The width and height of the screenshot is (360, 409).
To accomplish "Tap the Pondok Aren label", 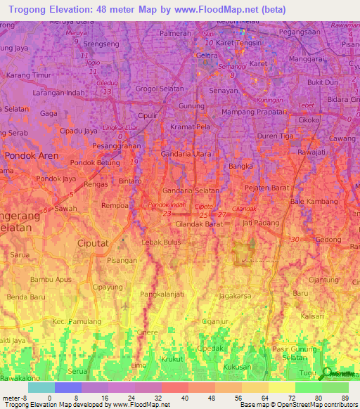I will click(x=32, y=155).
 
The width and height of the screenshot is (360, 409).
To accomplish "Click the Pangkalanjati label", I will click(x=162, y=294).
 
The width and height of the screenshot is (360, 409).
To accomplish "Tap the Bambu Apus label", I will click(x=51, y=279).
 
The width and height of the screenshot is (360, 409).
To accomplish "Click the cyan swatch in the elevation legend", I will click(x=41, y=387).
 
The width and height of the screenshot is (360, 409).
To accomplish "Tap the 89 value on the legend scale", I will click(x=345, y=398).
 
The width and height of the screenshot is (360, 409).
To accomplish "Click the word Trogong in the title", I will click(x=32, y=10).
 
